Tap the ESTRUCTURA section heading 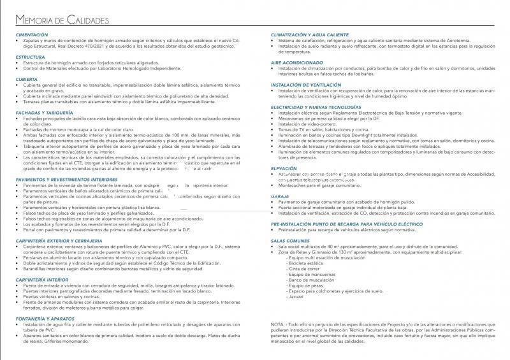pos(31,57)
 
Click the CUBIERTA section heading pos(27,79)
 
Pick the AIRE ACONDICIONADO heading pos(296,62)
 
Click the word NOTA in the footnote pos(278,324)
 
